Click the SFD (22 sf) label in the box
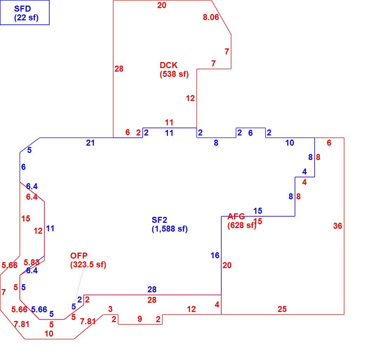[26, 13]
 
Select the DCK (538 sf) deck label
[174, 69]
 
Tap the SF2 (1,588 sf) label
[170, 224]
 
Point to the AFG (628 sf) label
[241, 221]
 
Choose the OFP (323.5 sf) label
[88, 260]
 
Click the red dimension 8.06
[211, 17]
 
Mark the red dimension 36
[338, 226]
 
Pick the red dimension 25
[282, 309]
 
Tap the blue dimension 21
[90, 143]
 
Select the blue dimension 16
[215, 255]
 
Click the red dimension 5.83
[32, 262]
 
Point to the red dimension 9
[140, 319]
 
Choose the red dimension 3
[110, 309]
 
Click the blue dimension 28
[152, 289]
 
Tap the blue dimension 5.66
[39, 309]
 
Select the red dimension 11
[169, 122]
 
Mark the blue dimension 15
[258, 211]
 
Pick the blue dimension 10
[290, 143]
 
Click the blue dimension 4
[305, 172]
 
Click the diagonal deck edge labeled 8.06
[221, 18]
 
